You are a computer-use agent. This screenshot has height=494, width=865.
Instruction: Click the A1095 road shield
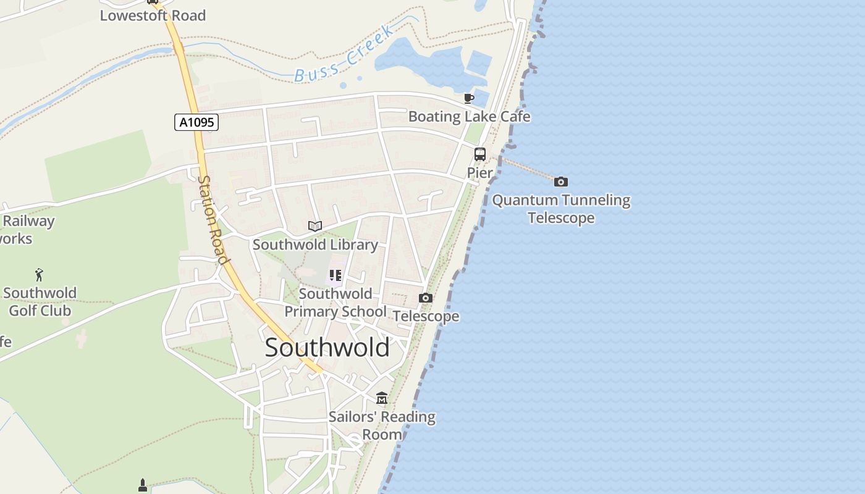[x=196, y=122]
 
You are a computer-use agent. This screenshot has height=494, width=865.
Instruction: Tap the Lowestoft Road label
[x=153, y=16]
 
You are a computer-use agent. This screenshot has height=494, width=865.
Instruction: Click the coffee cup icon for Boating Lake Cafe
[x=469, y=98]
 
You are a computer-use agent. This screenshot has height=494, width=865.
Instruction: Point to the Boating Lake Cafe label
[x=469, y=117]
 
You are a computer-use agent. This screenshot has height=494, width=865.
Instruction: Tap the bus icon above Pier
[x=480, y=154]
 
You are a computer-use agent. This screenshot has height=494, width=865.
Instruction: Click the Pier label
[x=480, y=173]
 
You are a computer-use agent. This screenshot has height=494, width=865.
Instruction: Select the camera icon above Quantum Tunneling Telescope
[x=561, y=182]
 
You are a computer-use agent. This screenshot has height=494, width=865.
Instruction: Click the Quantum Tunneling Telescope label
[x=561, y=209]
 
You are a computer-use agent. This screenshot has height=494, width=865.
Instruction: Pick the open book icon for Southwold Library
[x=315, y=226]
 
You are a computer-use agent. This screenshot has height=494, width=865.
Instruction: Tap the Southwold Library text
[x=315, y=245]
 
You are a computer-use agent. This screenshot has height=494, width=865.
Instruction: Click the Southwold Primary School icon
[x=335, y=275]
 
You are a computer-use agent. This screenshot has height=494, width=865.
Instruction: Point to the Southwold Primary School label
[x=335, y=303]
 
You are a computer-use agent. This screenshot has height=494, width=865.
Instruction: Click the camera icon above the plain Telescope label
[x=425, y=298]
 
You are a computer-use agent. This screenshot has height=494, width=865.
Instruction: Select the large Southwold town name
[x=327, y=348]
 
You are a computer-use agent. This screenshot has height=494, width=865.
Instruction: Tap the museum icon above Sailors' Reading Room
[x=382, y=398]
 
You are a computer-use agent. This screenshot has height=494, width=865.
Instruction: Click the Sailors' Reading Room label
[x=382, y=425]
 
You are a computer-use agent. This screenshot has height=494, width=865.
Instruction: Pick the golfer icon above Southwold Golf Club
[x=40, y=275]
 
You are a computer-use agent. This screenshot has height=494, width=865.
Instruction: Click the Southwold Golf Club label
[x=40, y=302]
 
